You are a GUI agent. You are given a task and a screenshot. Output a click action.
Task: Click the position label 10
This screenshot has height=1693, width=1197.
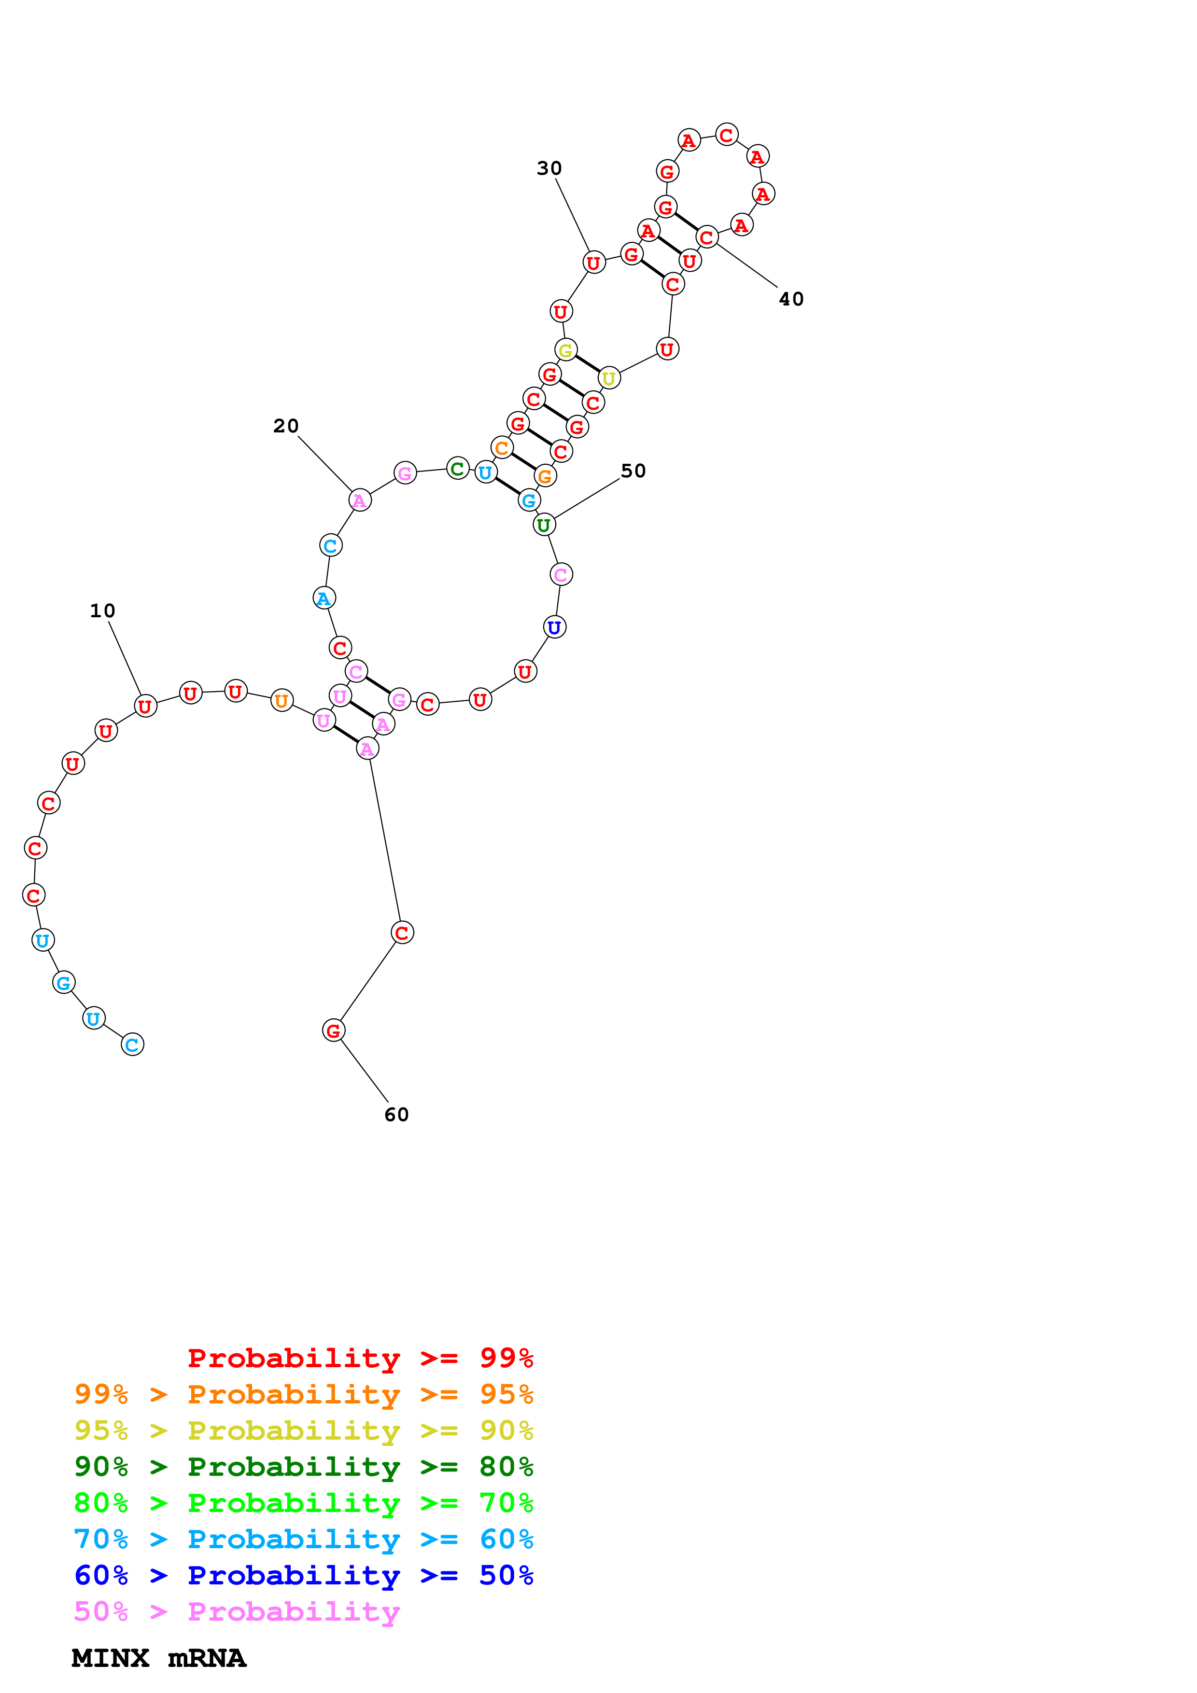coord(102,611)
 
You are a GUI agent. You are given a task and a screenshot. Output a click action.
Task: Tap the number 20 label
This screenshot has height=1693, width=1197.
coord(286,426)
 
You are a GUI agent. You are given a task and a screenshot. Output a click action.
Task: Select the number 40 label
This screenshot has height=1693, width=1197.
coord(791,299)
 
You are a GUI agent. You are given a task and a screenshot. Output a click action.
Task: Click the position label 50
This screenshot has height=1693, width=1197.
coord(634,471)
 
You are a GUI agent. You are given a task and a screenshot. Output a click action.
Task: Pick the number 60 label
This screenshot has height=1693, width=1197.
coord(397,1115)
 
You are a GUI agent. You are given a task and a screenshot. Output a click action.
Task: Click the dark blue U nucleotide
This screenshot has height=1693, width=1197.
coord(555,627)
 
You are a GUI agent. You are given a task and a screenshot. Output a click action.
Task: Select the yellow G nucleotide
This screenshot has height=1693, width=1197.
coord(566,350)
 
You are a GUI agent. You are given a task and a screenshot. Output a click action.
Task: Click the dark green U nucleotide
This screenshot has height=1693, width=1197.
coord(544,525)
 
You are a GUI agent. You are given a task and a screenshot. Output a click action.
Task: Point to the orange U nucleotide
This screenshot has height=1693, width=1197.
coord(282,700)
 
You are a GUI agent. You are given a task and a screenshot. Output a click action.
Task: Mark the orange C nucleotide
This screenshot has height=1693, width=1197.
coord(502,447)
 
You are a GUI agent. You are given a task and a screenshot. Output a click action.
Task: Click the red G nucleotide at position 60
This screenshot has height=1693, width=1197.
coord(333,1031)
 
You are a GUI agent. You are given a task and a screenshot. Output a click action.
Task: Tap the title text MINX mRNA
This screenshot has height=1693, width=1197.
coord(158,1658)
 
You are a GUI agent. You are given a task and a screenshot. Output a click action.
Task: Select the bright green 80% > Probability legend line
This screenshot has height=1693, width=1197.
coord(304,1503)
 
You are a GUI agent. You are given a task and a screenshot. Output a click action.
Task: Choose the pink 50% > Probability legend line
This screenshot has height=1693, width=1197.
coord(237,1611)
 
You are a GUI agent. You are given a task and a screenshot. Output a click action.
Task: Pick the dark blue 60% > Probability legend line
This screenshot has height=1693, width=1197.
coord(304,1575)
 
